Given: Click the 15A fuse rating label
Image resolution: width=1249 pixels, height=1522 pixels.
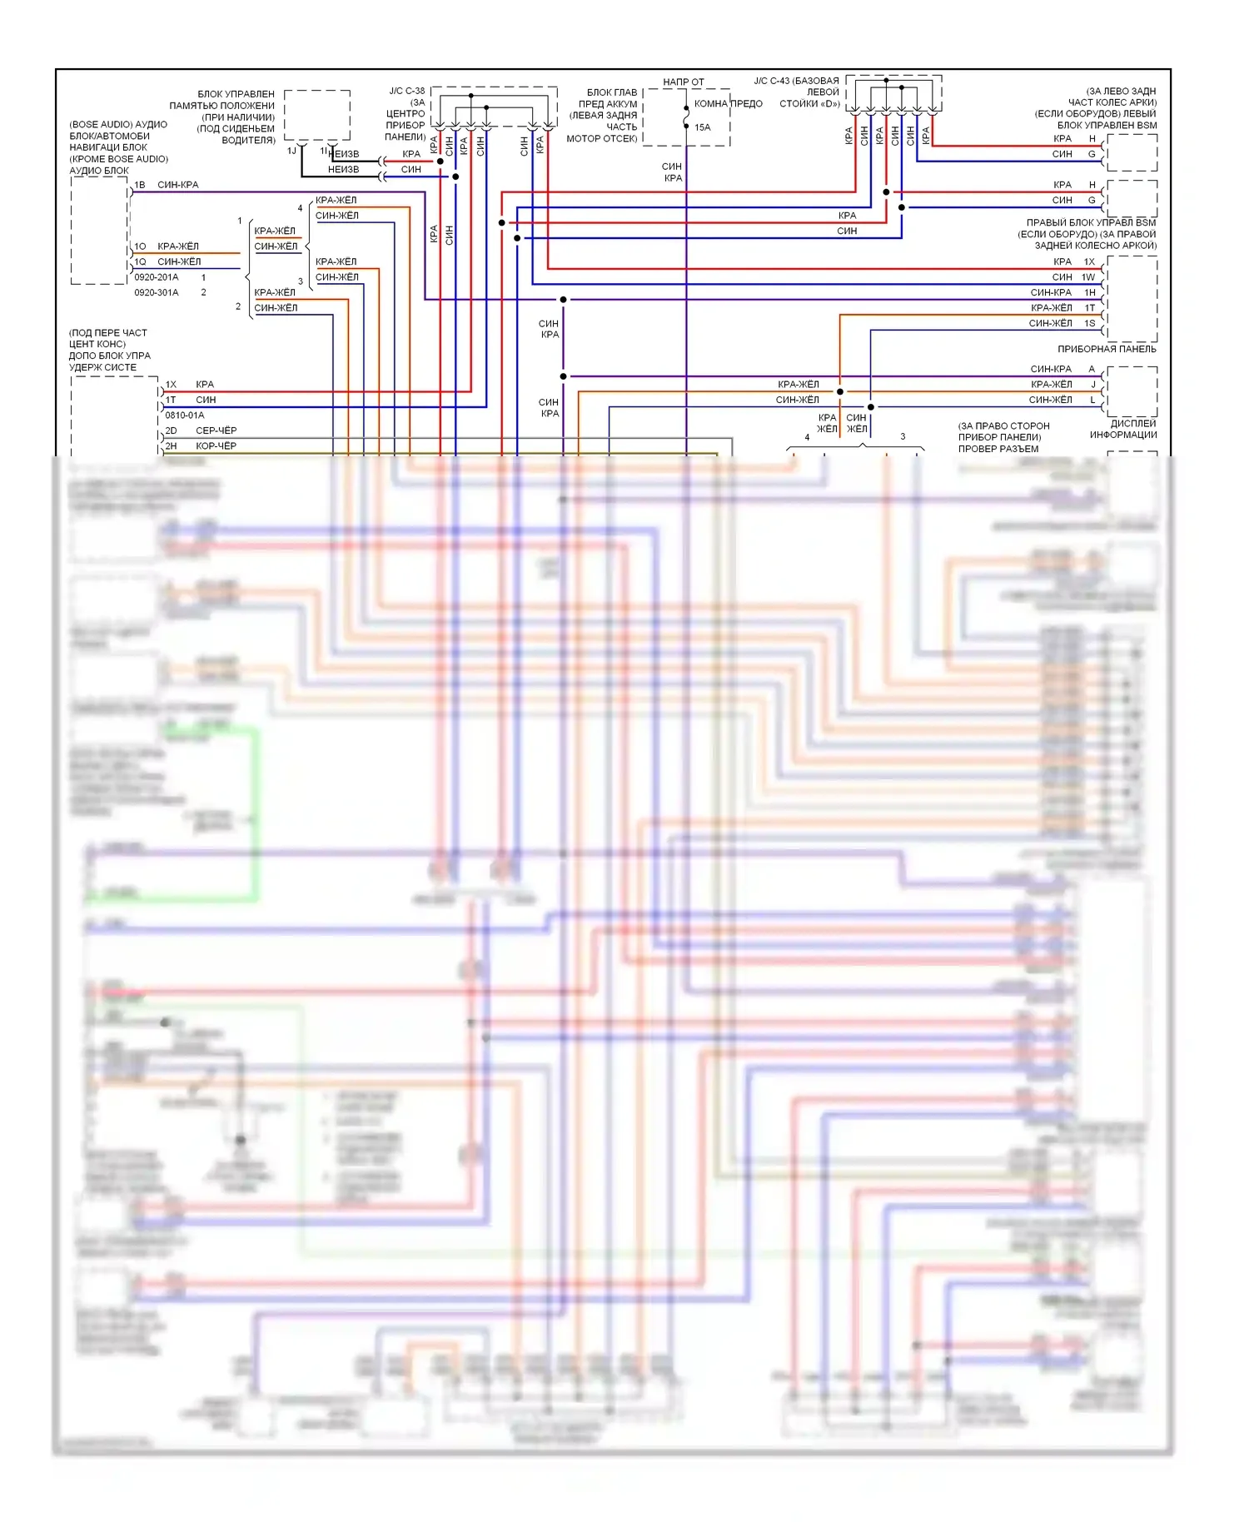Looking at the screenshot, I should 702,127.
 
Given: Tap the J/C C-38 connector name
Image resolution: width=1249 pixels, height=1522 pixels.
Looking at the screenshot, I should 406,91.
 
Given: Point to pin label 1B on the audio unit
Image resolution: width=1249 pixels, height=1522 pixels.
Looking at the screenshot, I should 140,185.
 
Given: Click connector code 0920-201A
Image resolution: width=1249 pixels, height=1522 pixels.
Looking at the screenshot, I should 157,277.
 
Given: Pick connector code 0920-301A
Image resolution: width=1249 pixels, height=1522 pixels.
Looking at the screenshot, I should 157,292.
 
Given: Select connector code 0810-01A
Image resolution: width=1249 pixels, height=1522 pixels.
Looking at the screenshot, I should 184,415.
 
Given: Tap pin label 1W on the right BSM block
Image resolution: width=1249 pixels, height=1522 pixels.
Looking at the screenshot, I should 1088,277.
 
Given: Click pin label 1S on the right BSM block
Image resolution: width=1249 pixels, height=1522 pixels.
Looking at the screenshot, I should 1089,323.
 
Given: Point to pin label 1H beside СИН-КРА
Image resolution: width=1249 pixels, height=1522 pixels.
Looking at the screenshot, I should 1089,292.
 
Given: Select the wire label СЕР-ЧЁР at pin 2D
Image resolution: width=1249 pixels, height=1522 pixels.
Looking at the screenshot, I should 216,430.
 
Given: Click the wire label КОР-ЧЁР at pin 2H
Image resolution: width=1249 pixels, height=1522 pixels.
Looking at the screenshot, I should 216,445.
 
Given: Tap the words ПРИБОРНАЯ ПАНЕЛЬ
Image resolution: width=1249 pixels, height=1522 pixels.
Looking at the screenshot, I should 1107,349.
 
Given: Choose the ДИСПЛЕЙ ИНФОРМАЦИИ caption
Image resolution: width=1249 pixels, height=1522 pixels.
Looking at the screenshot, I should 1122,429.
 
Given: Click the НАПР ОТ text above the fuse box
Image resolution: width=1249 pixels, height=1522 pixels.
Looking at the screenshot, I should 683,82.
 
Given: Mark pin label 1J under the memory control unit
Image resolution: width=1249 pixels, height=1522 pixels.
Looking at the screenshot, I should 291,151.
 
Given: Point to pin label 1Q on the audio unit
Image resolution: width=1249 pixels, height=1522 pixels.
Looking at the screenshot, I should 140,261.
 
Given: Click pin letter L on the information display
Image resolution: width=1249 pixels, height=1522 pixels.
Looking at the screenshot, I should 1092,400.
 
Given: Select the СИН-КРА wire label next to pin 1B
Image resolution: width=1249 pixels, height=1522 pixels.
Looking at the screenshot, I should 178,185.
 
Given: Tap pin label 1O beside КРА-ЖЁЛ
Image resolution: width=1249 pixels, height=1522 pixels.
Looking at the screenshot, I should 140,246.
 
